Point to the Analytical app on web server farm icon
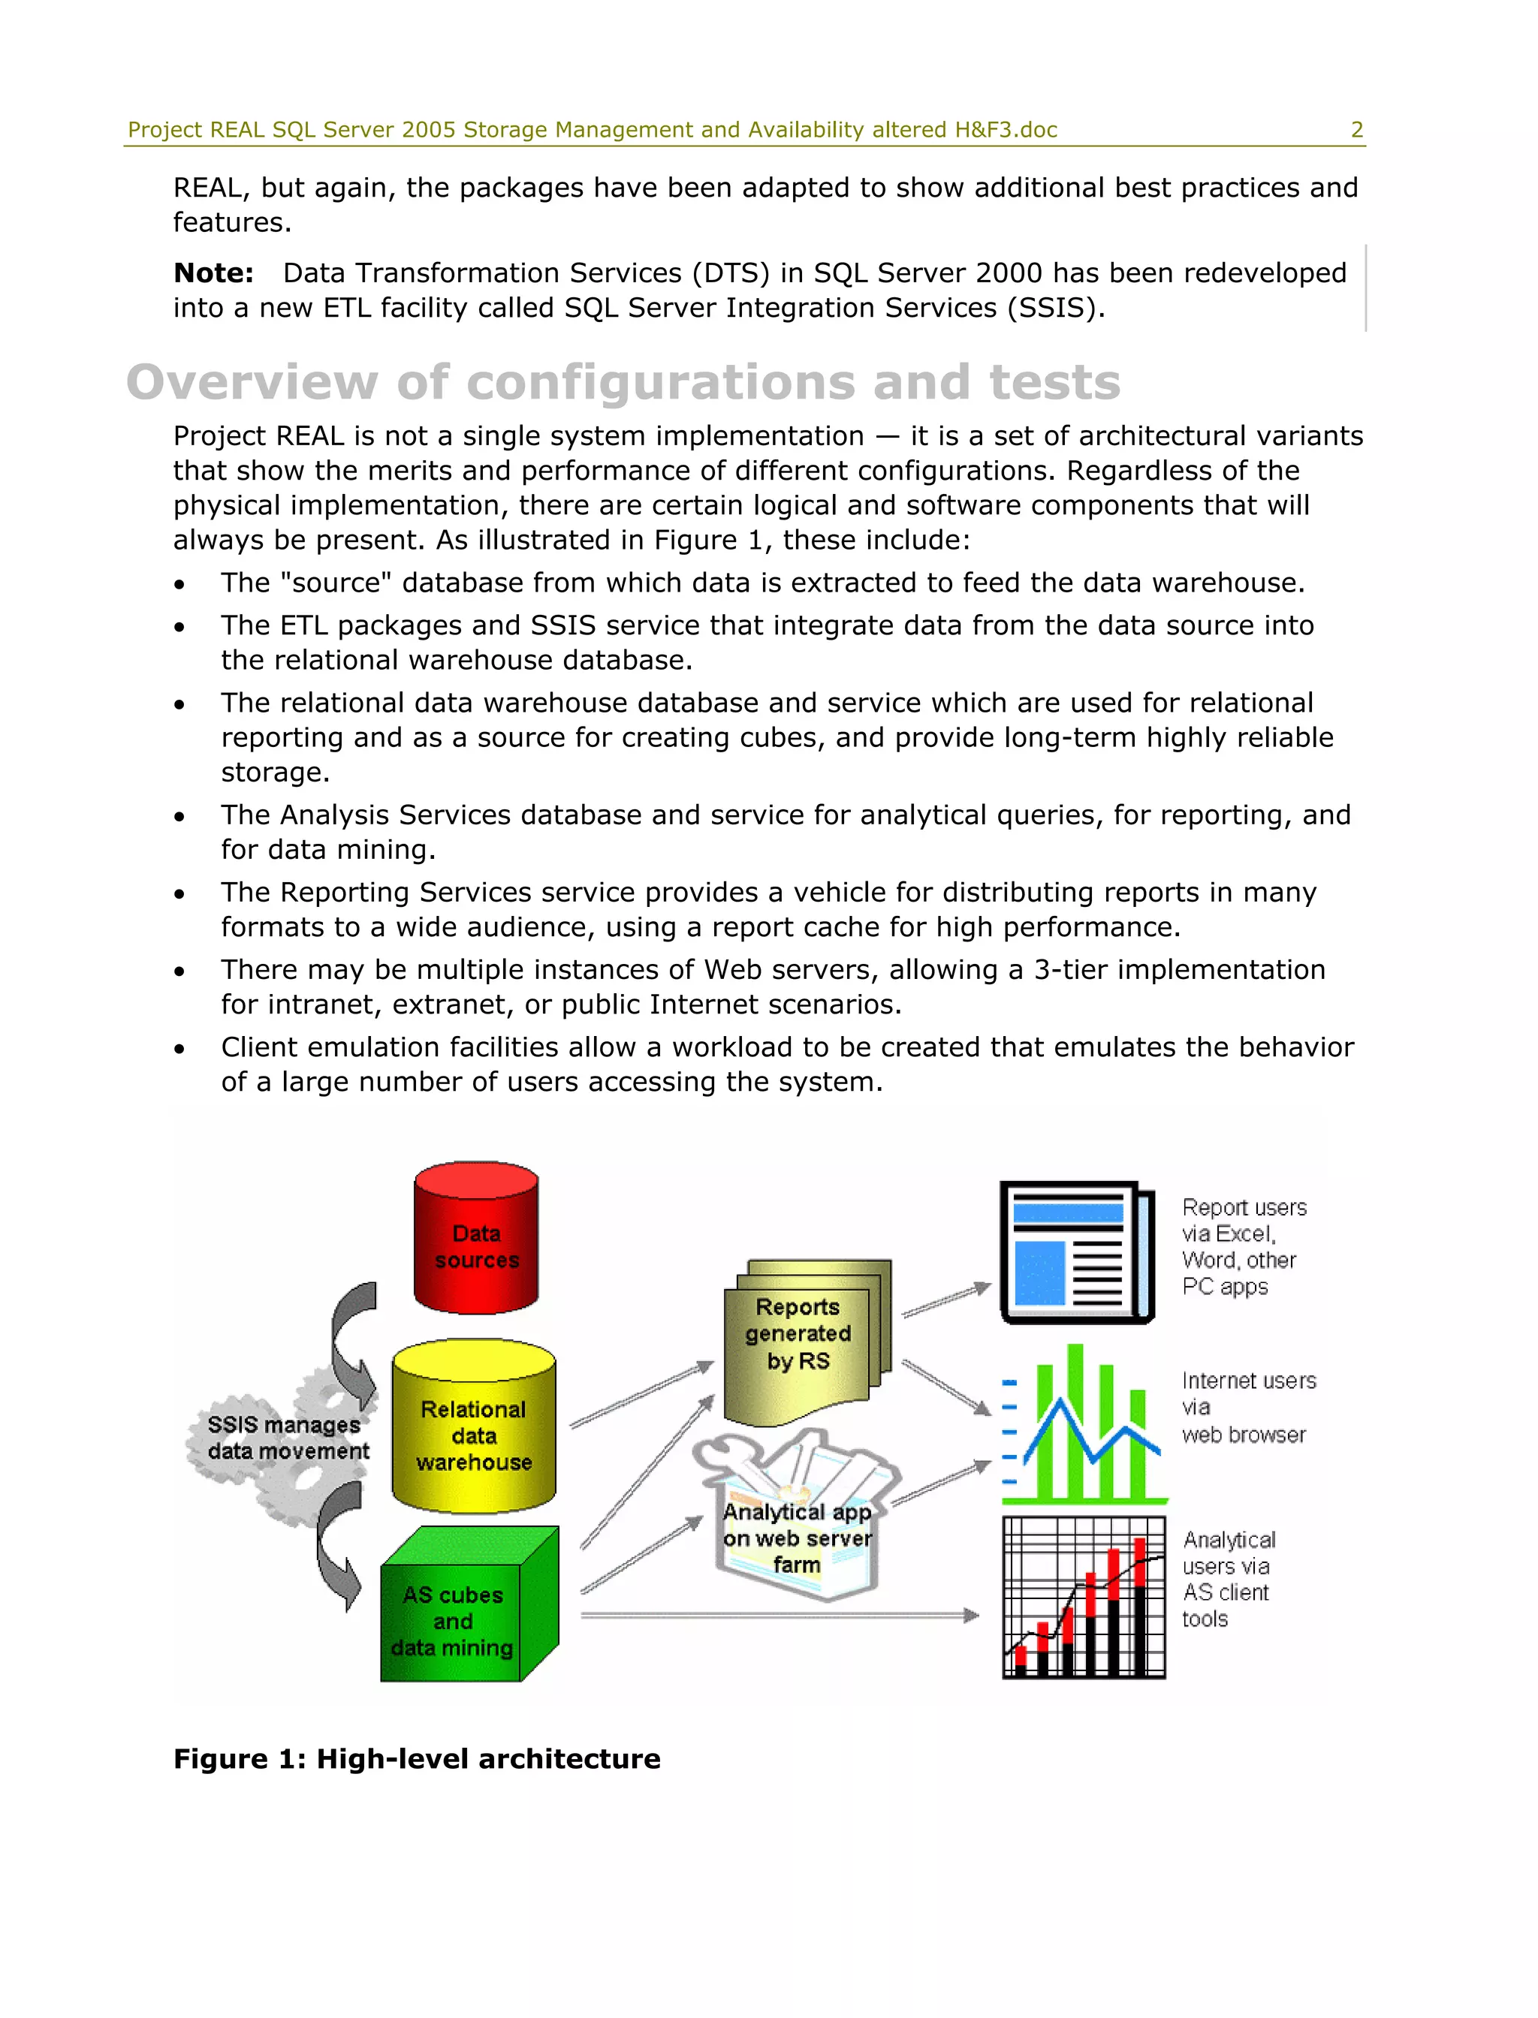pos(797,1520)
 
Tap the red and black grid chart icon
pos(1084,1598)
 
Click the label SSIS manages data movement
pos(287,1438)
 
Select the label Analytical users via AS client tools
pos(1227,1580)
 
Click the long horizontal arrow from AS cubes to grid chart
pos(778,1616)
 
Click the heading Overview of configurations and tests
pos(623,383)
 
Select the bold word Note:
pos(213,273)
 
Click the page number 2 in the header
pos(1357,130)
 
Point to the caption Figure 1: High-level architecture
pos(417,1759)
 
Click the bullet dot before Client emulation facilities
pos(179,1049)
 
